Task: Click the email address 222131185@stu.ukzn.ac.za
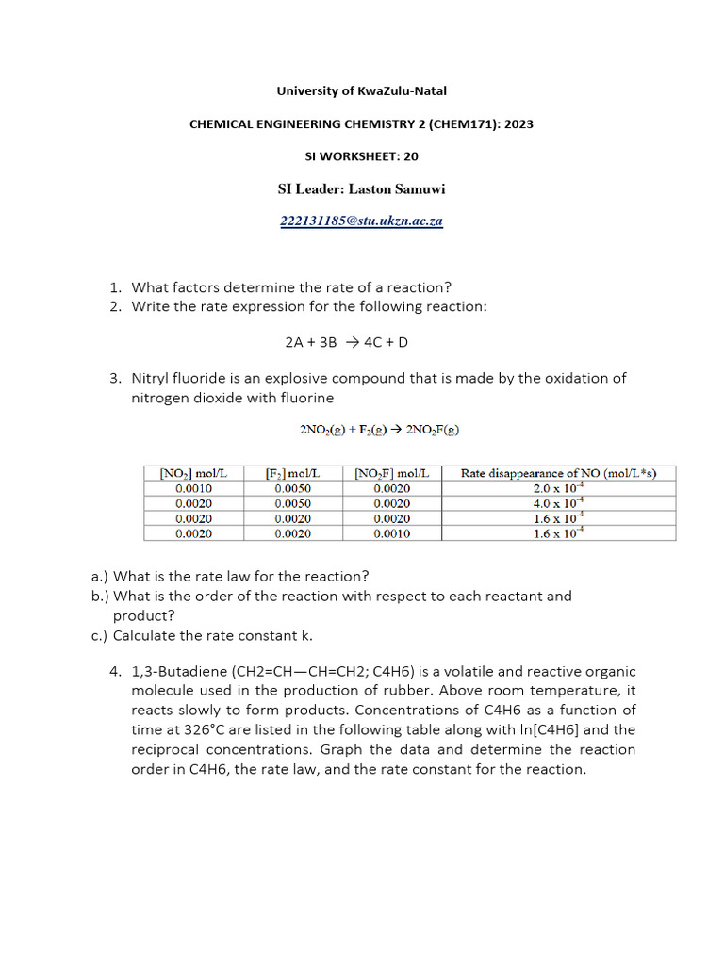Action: point(362,221)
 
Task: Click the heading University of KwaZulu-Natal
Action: point(362,91)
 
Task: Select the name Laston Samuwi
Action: point(397,189)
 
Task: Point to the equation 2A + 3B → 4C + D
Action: point(362,342)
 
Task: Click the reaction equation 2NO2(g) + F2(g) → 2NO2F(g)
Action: point(380,430)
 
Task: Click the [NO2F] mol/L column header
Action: point(392,473)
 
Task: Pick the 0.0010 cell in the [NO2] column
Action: point(194,488)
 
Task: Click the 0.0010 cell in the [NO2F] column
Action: point(392,533)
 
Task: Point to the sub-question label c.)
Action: point(99,635)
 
